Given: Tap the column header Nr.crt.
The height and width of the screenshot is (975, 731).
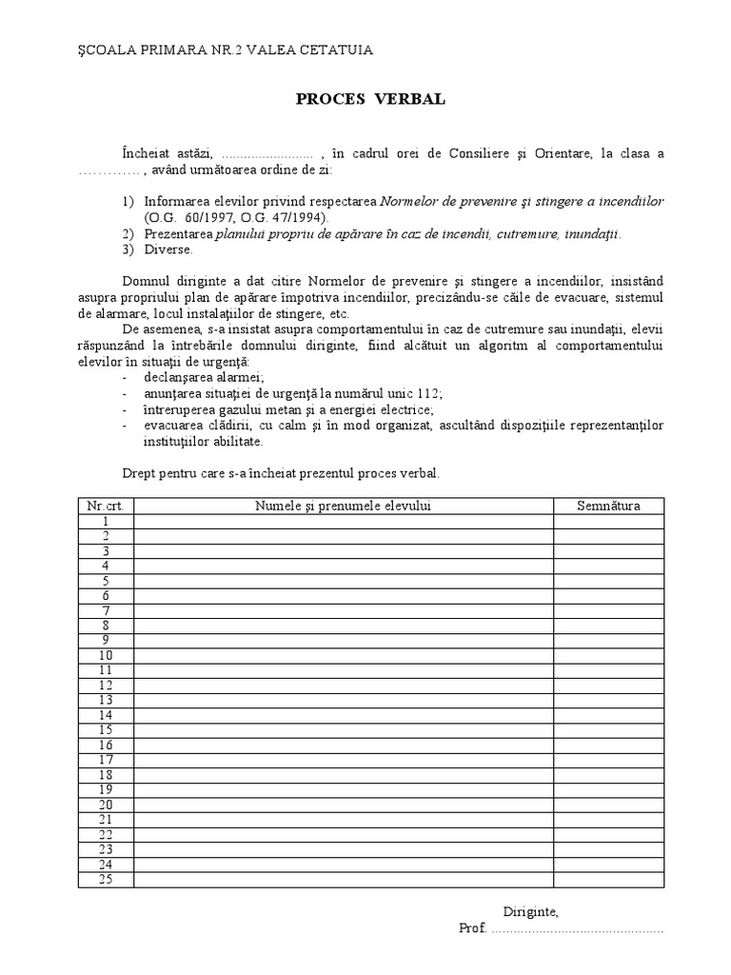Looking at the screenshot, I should pos(106,506).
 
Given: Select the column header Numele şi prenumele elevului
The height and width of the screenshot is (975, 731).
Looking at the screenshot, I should pos(343,506).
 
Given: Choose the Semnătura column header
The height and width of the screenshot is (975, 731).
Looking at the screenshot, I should pos(608,506).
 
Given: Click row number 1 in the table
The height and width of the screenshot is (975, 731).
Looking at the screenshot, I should pos(106,521).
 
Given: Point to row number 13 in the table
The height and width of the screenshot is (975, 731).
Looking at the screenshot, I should pos(106,700).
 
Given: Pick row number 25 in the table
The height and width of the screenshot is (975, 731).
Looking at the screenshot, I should pos(106,879).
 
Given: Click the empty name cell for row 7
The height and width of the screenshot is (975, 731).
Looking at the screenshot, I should pos(343,610).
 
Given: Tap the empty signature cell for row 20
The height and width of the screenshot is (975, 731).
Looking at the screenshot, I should pos(608,805).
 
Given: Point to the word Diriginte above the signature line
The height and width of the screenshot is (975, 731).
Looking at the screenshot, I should pos(530,911).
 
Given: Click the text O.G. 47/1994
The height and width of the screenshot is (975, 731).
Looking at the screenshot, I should pos(285,217).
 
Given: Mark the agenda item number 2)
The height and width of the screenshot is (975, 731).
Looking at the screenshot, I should pos(129,233).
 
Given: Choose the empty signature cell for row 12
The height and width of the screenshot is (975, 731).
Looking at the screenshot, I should pos(608,685).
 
